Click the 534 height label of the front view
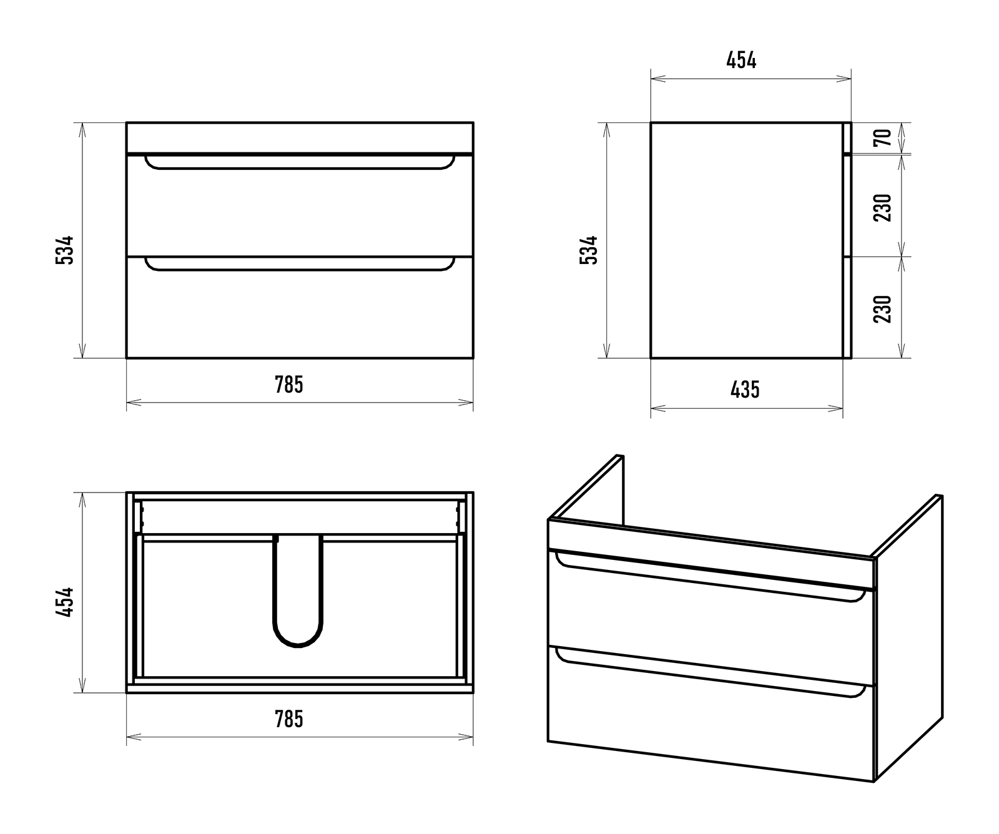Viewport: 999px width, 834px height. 65,250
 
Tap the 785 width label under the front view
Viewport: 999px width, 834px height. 289,385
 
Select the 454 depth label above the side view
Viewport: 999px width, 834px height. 742,61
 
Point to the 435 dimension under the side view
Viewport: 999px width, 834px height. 746,390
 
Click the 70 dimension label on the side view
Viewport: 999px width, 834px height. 883,137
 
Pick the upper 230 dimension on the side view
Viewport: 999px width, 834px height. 883,208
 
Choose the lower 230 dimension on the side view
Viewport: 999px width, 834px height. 883,308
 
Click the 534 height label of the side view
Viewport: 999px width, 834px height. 589,250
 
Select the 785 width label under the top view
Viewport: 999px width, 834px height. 289,719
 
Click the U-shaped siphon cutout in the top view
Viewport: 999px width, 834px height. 298,645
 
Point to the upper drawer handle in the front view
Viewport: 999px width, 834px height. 300,167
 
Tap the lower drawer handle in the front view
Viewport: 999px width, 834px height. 300,269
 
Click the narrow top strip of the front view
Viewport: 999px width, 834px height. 300,137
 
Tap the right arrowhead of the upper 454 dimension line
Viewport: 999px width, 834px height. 844,79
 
